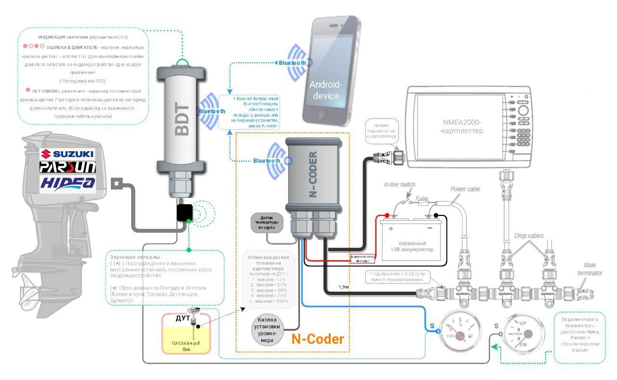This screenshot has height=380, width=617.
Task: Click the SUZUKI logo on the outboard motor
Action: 67,154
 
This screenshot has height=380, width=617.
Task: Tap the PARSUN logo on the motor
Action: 67,167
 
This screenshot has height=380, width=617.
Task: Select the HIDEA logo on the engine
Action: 67,183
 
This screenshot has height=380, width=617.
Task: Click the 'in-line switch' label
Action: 399,184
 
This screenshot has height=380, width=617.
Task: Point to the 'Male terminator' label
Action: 592,269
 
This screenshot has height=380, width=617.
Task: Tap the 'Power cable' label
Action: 465,189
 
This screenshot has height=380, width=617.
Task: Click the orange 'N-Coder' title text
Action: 318,339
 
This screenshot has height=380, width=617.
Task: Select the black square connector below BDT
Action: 184,212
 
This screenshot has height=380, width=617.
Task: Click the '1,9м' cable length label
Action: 344,287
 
